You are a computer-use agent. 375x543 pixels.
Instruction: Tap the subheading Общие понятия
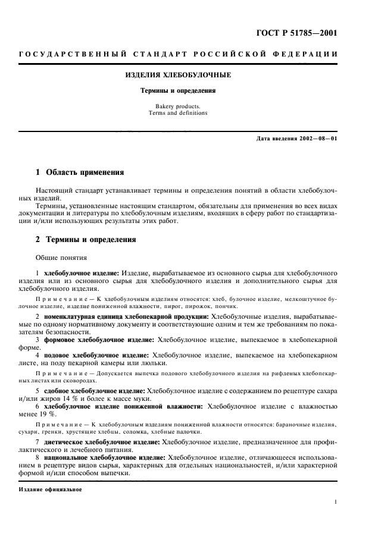61,258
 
